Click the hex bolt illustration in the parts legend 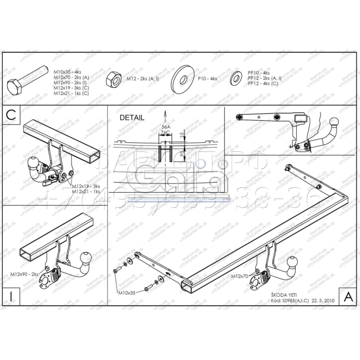point(27,80)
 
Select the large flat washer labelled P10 point(182,78)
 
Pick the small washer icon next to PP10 point(236,78)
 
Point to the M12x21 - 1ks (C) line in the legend point(71,93)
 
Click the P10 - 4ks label point(207,78)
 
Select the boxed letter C point(12,115)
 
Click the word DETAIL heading point(132,117)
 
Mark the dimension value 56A point(165,128)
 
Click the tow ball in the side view point(334,122)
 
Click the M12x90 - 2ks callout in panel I point(24,274)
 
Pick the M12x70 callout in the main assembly point(240,277)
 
